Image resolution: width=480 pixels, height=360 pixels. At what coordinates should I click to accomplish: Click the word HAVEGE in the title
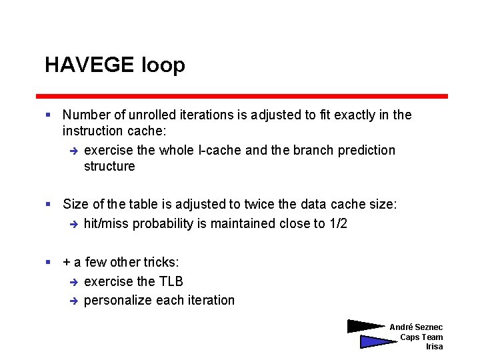(x=90, y=65)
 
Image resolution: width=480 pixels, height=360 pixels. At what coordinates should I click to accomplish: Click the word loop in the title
(x=163, y=65)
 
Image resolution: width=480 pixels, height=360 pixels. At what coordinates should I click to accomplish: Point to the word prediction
(x=367, y=150)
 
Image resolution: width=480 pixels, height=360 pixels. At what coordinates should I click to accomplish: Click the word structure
(x=109, y=166)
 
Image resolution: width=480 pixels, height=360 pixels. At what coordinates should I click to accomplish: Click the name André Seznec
(x=416, y=327)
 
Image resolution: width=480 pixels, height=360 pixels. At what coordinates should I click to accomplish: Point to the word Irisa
(x=434, y=347)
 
